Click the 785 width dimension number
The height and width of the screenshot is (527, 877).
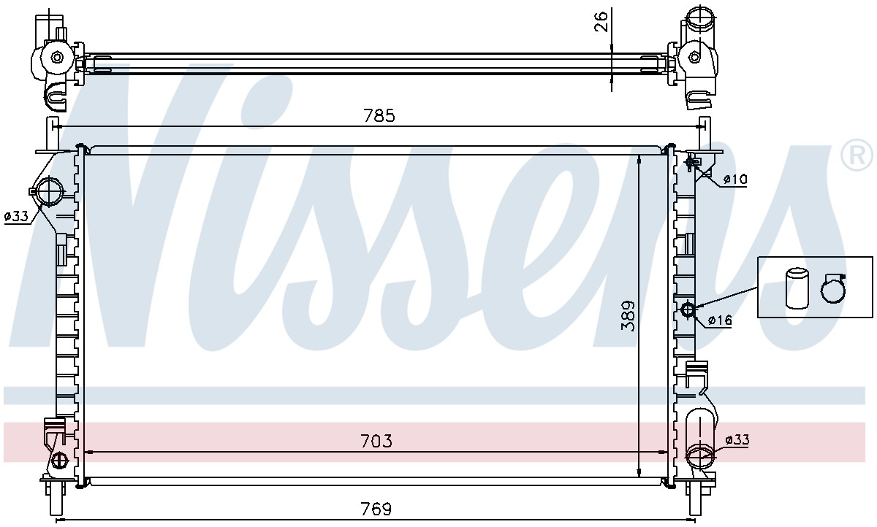pyautogui.click(x=379, y=116)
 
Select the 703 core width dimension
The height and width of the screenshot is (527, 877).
pyautogui.click(x=376, y=441)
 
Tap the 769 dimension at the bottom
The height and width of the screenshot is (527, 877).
pyautogui.click(x=376, y=509)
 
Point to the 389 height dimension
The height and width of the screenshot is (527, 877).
pyautogui.click(x=628, y=315)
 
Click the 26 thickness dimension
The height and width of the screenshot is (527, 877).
pyautogui.click(x=601, y=21)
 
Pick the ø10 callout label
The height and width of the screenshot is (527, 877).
pyautogui.click(x=735, y=180)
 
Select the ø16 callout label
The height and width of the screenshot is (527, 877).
pyautogui.click(x=720, y=320)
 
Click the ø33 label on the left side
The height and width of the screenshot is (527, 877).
pyautogui.click(x=16, y=216)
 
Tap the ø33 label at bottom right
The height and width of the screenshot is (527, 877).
pyautogui.click(x=737, y=440)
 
